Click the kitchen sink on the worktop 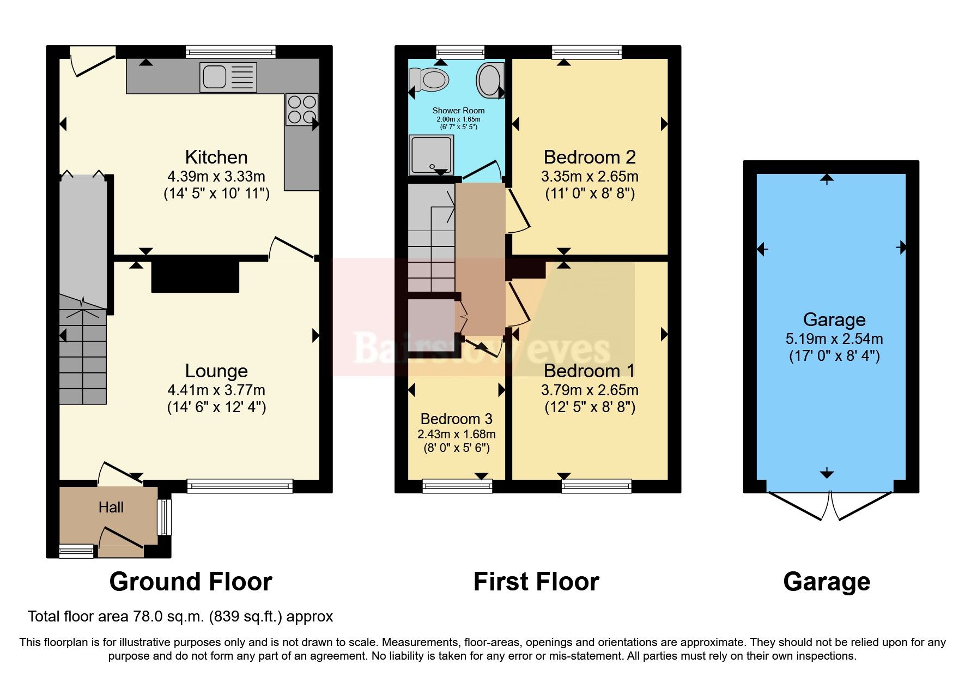pyautogui.click(x=228, y=77)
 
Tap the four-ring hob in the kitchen pyautogui.click(x=301, y=110)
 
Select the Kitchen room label pyautogui.click(x=216, y=157)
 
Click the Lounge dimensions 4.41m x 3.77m pyautogui.click(x=216, y=390)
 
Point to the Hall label pyautogui.click(x=111, y=508)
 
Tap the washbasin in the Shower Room pyautogui.click(x=489, y=80)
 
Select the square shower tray pyautogui.click(x=431, y=155)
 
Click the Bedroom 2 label pyautogui.click(x=590, y=157)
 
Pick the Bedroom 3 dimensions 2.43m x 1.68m pyautogui.click(x=457, y=434)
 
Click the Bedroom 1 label pyautogui.click(x=590, y=371)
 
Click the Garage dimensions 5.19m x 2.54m pyautogui.click(x=834, y=339)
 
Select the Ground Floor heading pyautogui.click(x=191, y=582)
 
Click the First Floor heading pyautogui.click(x=536, y=582)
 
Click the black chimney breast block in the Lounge pyautogui.click(x=195, y=277)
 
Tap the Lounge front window pyautogui.click(x=240, y=486)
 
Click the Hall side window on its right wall pyautogui.click(x=164, y=517)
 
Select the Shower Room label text pyautogui.click(x=458, y=111)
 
